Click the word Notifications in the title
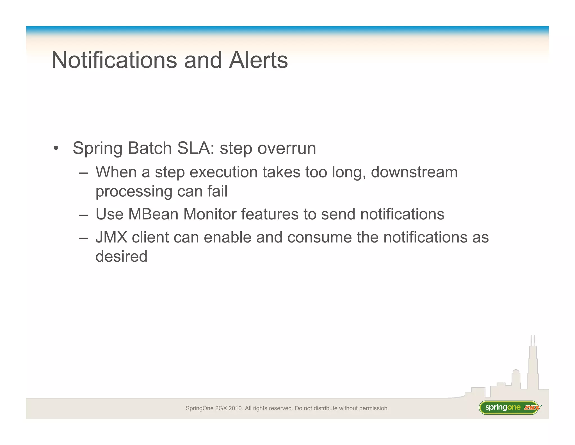point(114,60)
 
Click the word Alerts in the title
point(258,60)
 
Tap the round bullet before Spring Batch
point(56,149)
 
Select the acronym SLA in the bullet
point(195,148)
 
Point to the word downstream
point(414,172)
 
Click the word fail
point(217,191)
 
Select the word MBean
point(153,214)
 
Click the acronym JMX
point(111,237)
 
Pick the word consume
point(319,237)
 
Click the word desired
point(121,256)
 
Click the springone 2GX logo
point(510,407)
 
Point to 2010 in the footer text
point(235,408)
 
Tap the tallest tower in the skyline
point(532,366)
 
